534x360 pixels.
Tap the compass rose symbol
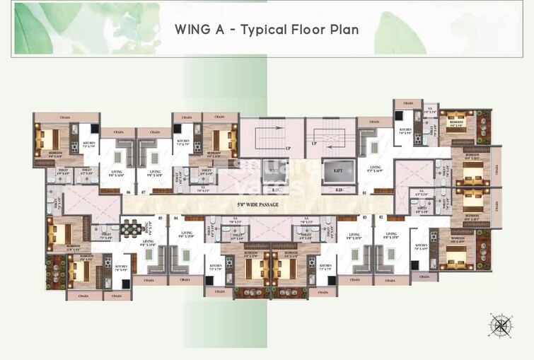click(x=501, y=325)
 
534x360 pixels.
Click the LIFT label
click(x=333, y=171)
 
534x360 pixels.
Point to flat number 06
click(x=129, y=192)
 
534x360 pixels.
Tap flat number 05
click(x=161, y=218)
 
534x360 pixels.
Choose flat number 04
click(x=175, y=218)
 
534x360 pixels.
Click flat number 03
click(x=364, y=218)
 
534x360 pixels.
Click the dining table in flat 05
click(x=129, y=228)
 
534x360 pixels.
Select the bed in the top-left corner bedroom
click(x=50, y=137)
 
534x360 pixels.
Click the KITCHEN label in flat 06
click(x=89, y=143)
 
